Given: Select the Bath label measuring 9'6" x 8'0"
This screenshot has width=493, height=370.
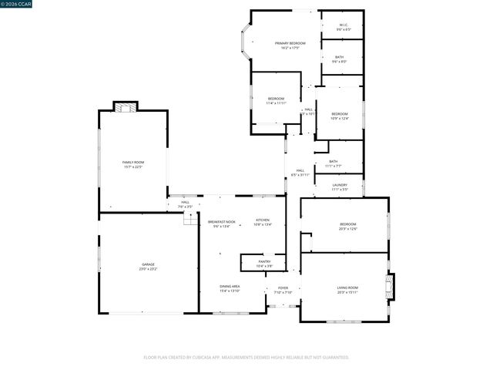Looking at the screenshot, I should click(x=339, y=59).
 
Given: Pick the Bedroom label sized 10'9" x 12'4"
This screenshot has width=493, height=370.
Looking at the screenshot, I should click(x=339, y=116).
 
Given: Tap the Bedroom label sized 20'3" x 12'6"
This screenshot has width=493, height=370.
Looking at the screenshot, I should click(x=348, y=227).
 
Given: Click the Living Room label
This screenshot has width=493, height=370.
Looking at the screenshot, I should click(x=347, y=290).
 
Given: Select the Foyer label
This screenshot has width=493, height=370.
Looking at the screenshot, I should click(x=283, y=290).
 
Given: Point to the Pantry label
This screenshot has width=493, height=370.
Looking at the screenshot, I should click(x=264, y=264).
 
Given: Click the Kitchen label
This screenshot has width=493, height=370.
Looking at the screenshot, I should click(x=263, y=222).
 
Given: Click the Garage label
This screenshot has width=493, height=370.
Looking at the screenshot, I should click(x=147, y=267).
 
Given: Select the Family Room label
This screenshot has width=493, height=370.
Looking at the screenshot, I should click(x=132, y=164).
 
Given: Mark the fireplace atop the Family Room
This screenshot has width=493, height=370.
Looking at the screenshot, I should click(x=125, y=107).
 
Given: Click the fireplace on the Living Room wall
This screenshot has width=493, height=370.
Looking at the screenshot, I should click(x=390, y=286).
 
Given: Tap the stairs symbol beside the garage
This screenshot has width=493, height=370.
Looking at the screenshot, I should click(x=190, y=220).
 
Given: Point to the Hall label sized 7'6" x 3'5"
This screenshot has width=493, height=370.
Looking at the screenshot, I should click(x=185, y=204).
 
